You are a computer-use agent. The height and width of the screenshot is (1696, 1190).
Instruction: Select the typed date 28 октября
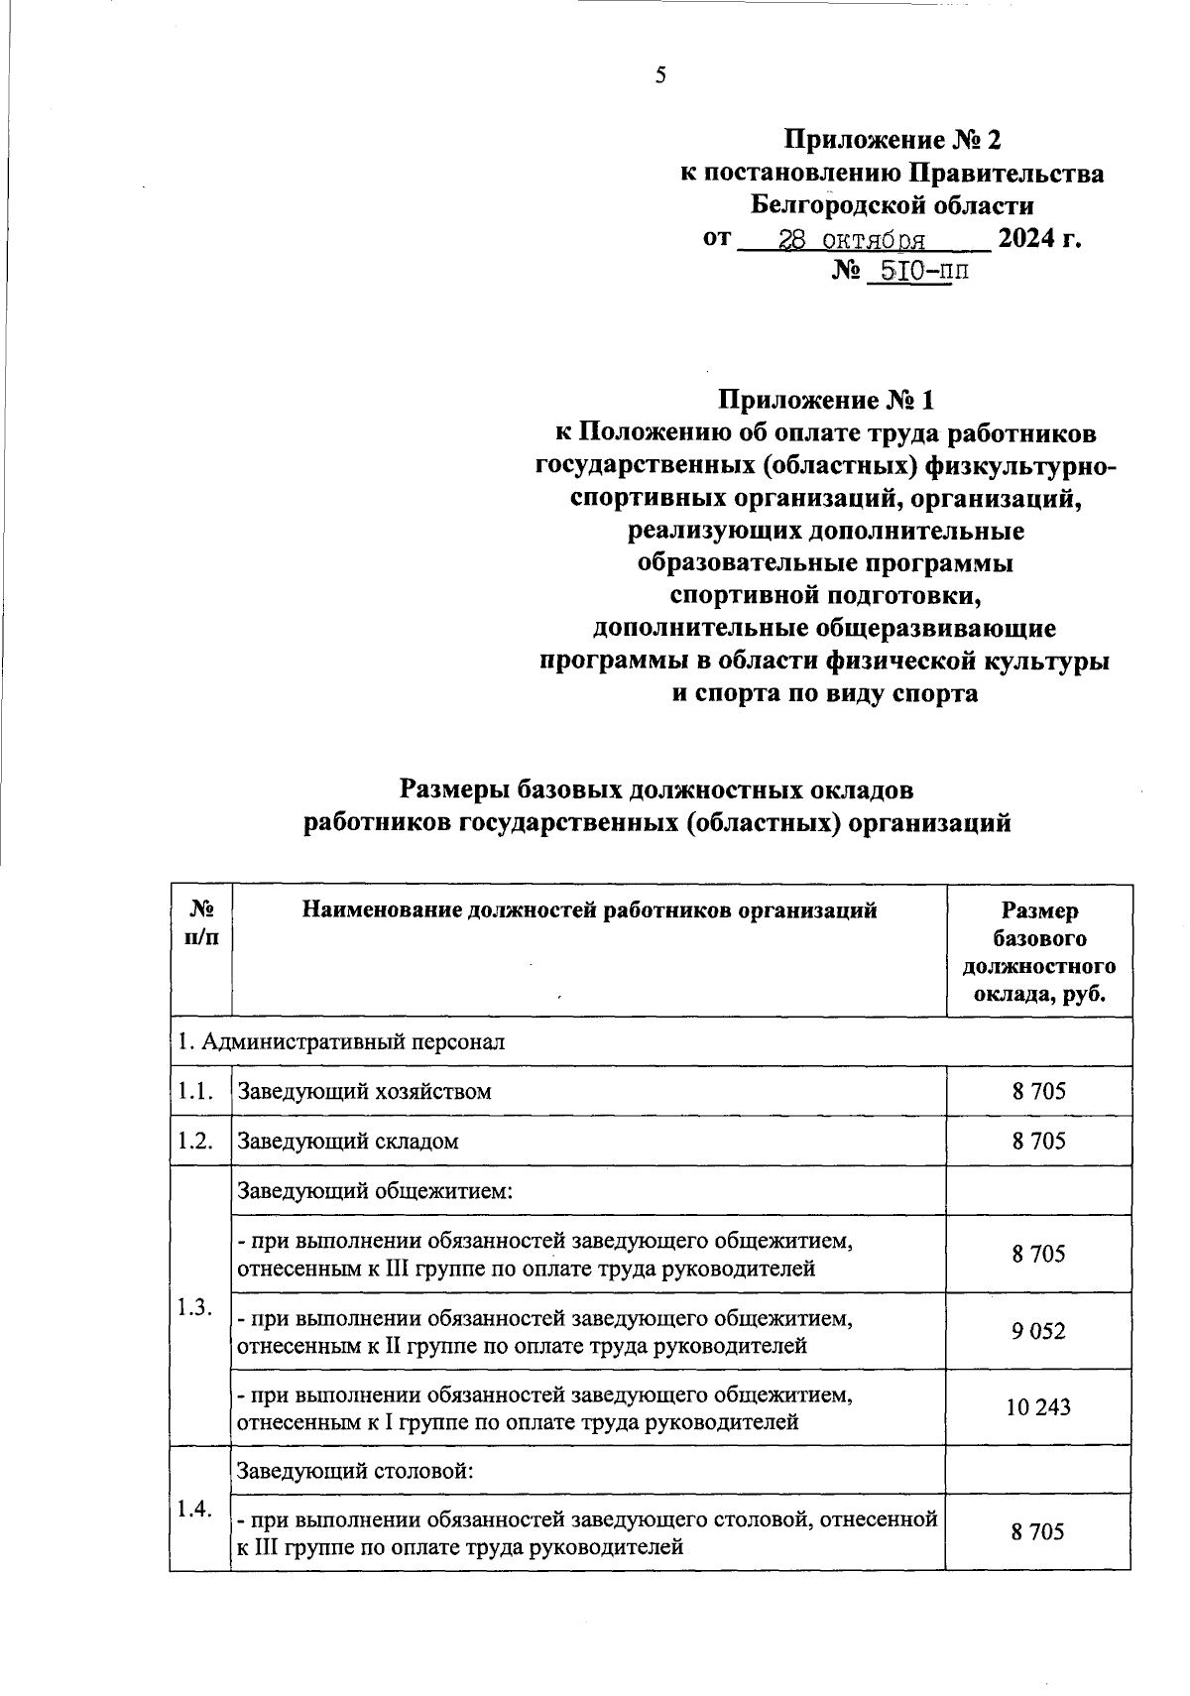(853, 239)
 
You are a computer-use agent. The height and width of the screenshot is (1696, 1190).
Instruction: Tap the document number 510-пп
(915, 271)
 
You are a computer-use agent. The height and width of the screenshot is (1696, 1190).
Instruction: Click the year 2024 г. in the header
(1038, 238)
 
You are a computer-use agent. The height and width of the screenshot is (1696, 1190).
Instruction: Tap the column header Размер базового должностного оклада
(1038, 952)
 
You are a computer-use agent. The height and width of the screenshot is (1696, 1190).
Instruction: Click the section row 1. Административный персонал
(341, 1041)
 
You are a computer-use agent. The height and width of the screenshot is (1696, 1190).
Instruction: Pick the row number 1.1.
(196, 1091)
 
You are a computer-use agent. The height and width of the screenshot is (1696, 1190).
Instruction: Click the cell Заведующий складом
(348, 1141)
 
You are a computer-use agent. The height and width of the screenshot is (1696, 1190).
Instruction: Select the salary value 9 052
(1038, 1331)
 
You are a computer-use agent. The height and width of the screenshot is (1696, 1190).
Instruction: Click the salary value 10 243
(1038, 1407)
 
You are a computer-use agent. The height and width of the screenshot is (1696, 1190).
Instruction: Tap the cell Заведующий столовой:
(354, 1469)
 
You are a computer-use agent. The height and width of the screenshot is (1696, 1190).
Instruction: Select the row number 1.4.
(196, 1509)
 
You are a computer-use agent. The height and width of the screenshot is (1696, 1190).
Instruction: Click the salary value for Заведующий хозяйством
(1038, 1091)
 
